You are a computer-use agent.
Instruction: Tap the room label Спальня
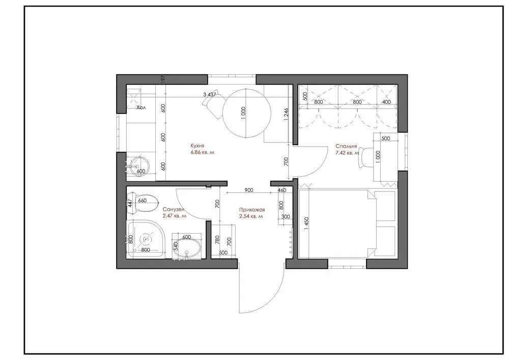pos(346,145)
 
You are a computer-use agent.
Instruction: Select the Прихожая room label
pos(250,209)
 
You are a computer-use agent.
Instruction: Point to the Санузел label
pos(174,209)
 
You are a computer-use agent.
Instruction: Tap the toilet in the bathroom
pos(142,200)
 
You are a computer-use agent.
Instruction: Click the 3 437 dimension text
pos(210,94)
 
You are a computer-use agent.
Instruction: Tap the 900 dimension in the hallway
pos(249,190)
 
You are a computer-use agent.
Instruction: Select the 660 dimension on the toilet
pos(143,201)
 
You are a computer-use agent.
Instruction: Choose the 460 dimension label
pos(281,190)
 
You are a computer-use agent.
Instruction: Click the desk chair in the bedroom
pos(365,158)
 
